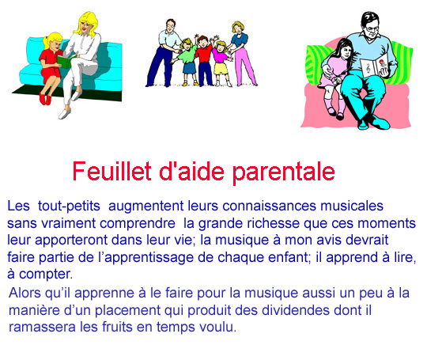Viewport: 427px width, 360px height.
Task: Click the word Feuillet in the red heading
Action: click(x=111, y=171)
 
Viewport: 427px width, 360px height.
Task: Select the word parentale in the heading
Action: click(x=284, y=172)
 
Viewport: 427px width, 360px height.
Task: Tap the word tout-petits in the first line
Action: click(x=69, y=206)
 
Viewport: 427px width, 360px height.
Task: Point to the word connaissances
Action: click(x=270, y=206)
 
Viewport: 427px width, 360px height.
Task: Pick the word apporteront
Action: click(x=71, y=241)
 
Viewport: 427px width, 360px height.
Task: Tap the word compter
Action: click(x=46, y=275)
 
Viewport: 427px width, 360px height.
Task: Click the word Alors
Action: click(x=25, y=293)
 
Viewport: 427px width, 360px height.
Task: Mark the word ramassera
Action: click(x=42, y=327)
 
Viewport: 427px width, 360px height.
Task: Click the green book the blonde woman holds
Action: click(x=65, y=61)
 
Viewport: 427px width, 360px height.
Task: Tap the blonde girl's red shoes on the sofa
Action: click(x=45, y=99)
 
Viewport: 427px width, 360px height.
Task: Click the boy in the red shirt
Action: click(x=204, y=60)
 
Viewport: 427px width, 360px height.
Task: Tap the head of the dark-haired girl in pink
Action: click(x=344, y=50)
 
